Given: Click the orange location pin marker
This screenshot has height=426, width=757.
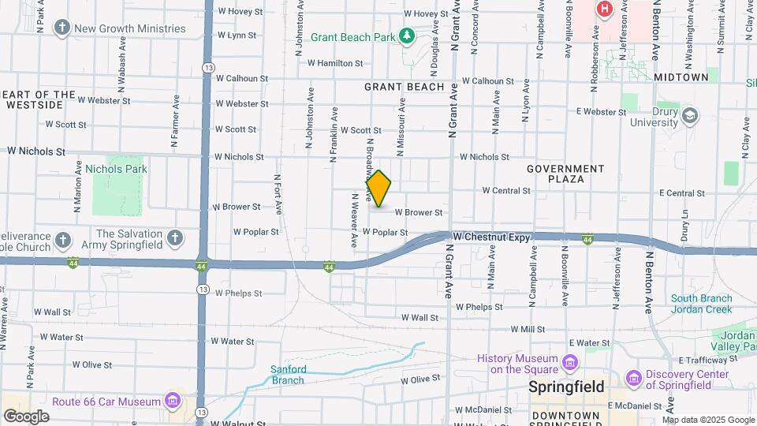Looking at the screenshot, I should coord(378,188).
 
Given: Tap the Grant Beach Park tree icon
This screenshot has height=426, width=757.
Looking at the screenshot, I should coord(406,36).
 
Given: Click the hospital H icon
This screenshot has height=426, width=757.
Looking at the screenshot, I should coord(605,9).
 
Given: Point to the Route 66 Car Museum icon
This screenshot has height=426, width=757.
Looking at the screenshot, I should coord(172,402).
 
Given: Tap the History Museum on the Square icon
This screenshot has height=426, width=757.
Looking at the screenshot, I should coord(570,363).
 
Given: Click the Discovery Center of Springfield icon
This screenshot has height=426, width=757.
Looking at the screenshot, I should coord(634,379).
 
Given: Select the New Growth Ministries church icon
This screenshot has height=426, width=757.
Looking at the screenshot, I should coord(62,28).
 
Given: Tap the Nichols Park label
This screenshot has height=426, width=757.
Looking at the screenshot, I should coord(116,169).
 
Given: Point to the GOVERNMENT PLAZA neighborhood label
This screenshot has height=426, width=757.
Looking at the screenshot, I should coord(565,174).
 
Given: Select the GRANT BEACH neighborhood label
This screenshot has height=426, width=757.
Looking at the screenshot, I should coord(405,87).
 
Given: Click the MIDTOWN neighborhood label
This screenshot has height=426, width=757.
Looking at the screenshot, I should coord(681,77).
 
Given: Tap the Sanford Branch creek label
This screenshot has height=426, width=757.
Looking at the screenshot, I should coord(287,374).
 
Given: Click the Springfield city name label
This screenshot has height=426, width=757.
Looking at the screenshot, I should coord(566,387).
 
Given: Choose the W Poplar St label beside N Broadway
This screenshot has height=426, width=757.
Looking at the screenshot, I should coord(385,232).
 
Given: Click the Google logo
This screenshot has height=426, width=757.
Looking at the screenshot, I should coord(26,416).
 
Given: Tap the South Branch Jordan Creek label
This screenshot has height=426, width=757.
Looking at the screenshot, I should coord(701,304).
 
